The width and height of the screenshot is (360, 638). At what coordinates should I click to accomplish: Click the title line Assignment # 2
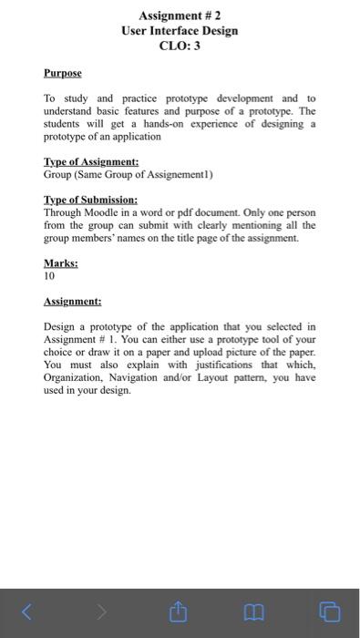tap(180, 15)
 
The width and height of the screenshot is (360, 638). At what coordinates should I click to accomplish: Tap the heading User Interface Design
tap(180, 30)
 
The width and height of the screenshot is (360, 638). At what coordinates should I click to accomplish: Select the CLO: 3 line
tap(180, 46)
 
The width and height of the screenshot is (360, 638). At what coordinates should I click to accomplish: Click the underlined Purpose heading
tap(62, 72)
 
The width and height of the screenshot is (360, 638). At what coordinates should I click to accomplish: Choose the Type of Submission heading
tap(91, 200)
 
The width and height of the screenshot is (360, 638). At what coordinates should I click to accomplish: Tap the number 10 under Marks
tap(50, 273)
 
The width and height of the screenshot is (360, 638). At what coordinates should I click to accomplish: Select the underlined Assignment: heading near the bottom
tap(72, 300)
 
